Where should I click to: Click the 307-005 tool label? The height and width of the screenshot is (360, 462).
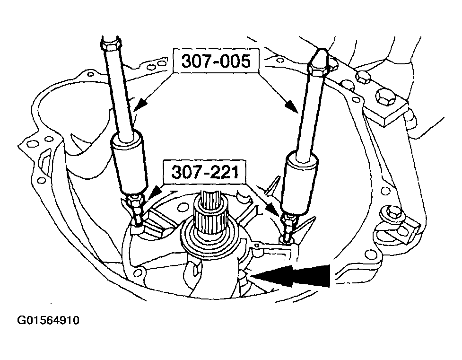(x=216, y=61)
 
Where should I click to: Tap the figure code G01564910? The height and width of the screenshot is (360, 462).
(x=48, y=320)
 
